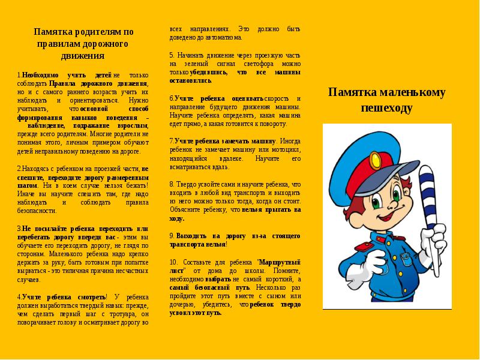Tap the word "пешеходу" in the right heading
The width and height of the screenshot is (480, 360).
point(387,108)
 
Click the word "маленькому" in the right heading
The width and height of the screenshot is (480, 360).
point(414,92)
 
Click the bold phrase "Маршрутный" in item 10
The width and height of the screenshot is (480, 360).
point(278,262)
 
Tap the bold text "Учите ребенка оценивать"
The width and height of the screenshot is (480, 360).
point(218,98)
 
